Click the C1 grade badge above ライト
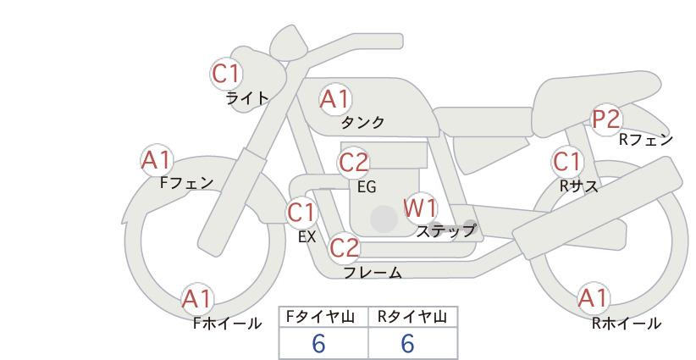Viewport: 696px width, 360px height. pyautogui.click(x=226, y=74)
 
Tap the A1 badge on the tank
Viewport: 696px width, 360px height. pyautogui.click(x=335, y=99)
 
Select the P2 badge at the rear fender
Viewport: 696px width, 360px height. pyautogui.click(x=606, y=119)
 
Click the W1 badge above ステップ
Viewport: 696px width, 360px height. pyautogui.click(x=420, y=208)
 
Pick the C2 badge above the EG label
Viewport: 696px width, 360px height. pyautogui.click(x=353, y=163)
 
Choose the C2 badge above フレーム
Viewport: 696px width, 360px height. pyautogui.click(x=345, y=247)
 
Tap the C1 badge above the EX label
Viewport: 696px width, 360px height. pyautogui.click(x=301, y=212)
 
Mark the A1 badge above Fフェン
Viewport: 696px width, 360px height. pyautogui.click(x=157, y=160)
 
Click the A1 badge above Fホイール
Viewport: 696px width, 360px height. pyautogui.click(x=197, y=299)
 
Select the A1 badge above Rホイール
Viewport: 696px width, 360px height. pyautogui.click(x=594, y=298)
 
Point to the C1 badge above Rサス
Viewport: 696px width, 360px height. pyautogui.click(x=567, y=162)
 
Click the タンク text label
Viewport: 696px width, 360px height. pyautogui.click(x=362, y=122)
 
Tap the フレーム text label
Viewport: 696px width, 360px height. pyautogui.click(x=373, y=273)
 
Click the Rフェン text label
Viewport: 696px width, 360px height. pyautogui.click(x=646, y=140)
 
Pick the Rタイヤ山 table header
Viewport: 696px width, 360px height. pyautogui.click(x=412, y=317)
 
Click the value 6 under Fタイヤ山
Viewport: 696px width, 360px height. pyautogui.click(x=318, y=343)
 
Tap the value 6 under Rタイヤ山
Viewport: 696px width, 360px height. pyautogui.click(x=407, y=343)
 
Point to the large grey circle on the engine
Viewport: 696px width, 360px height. pyautogui.click(x=384, y=219)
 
